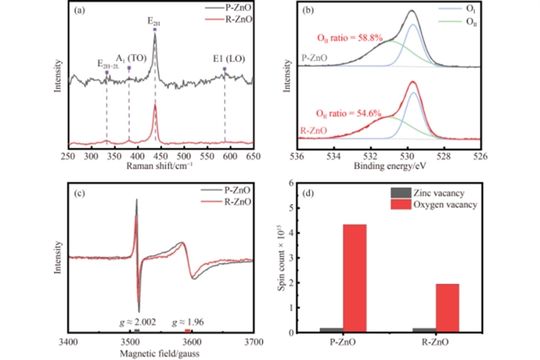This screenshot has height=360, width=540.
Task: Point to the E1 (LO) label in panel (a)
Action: (x=225, y=60)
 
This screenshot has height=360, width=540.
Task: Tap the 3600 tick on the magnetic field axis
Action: (x=191, y=341)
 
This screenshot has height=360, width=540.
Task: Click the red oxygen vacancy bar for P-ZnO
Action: (x=355, y=278)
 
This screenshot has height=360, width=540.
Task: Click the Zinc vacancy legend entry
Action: (x=443, y=194)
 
